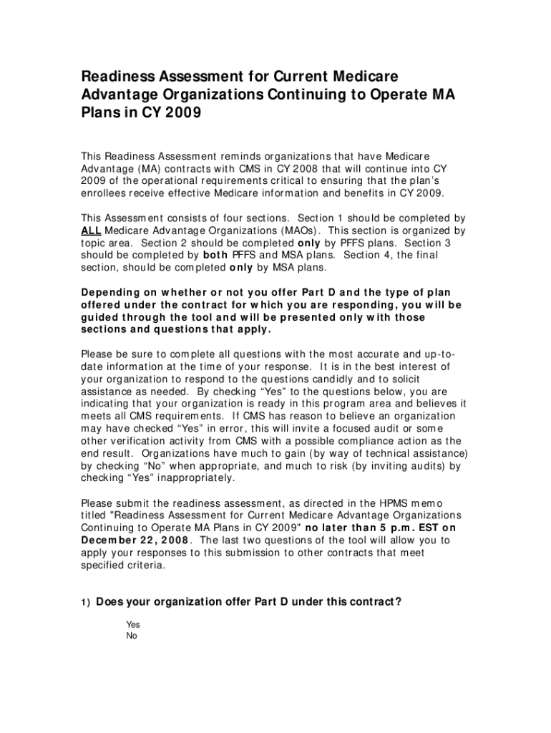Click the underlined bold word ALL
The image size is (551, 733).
pos(92,230)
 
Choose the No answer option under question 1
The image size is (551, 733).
pos(132,636)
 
